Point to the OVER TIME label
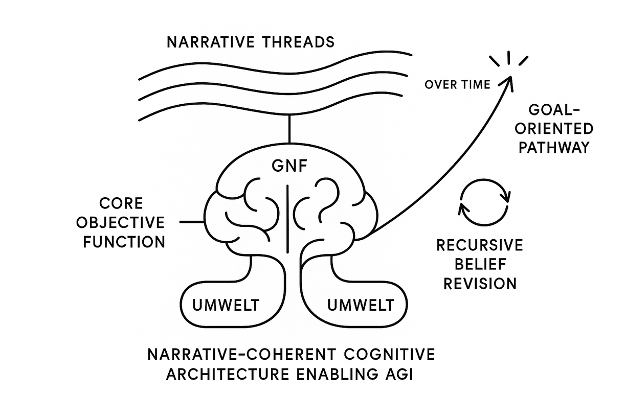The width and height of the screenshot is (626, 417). (x=457, y=85)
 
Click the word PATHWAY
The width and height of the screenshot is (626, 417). (x=554, y=148)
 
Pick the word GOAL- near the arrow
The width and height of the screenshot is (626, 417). (x=552, y=109)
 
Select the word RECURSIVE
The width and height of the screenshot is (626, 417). (x=479, y=245)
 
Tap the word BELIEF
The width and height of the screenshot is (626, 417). (x=479, y=264)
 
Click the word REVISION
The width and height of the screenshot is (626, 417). (x=479, y=283)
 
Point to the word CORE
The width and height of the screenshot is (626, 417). (x=121, y=203)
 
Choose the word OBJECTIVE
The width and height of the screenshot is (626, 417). (x=124, y=222)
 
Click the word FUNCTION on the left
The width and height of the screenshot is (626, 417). (x=124, y=241)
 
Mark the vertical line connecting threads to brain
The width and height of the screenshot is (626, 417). (x=289, y=129)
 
